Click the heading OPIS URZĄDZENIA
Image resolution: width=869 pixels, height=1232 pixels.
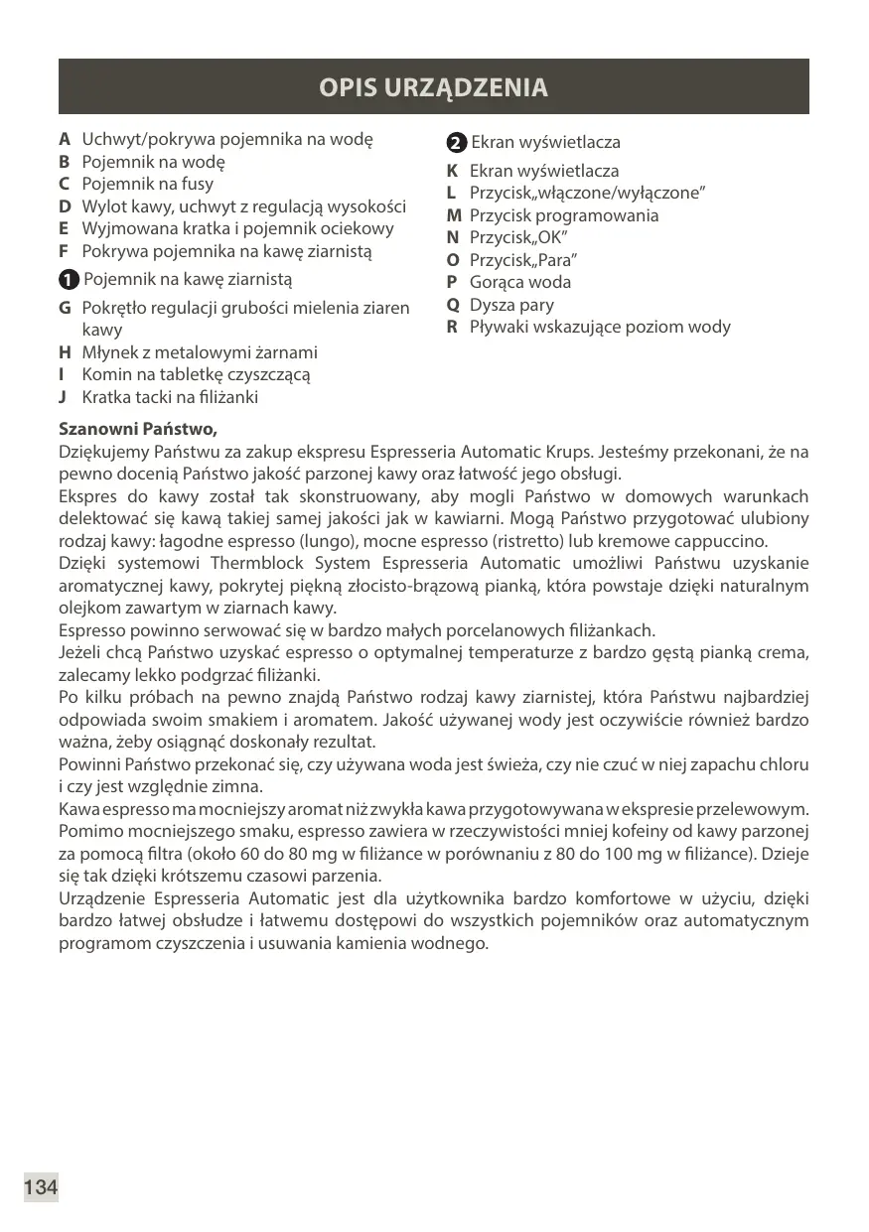click(x=433, y=87)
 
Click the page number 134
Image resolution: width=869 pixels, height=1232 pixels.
click(x=41, y=1186)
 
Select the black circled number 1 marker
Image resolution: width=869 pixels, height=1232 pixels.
click(x=69, y=280)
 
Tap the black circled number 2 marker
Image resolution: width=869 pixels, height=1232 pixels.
click(x=456, y=143)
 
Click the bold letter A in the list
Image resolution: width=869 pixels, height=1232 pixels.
click(x=65, y=139)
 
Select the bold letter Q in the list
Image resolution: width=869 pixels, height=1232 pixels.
click(x=452, y=305)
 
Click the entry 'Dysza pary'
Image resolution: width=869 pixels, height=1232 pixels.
click(x=511, y=305)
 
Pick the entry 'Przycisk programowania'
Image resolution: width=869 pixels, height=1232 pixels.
click(x=564, y=215)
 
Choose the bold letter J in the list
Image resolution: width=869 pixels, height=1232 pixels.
click(x=63, y=397)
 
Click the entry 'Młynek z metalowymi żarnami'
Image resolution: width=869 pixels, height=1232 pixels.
click(x=200, y=352)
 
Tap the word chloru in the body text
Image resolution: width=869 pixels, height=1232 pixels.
click(x=785, y=764)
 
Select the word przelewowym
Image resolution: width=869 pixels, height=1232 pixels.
click(x=764, y=809)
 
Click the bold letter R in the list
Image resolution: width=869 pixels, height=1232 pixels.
click(x=452, y=327)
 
